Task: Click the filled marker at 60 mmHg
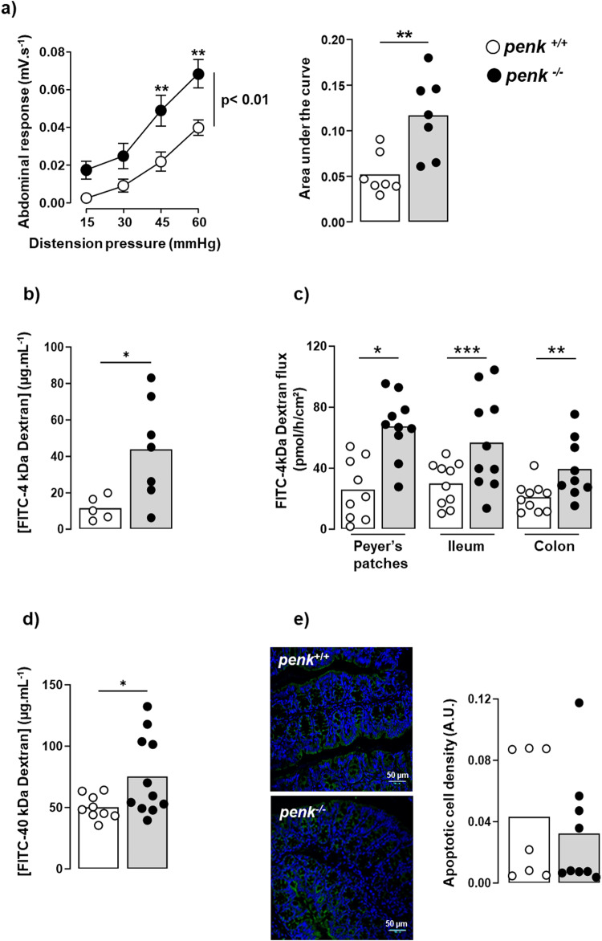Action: tap(197, 75)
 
